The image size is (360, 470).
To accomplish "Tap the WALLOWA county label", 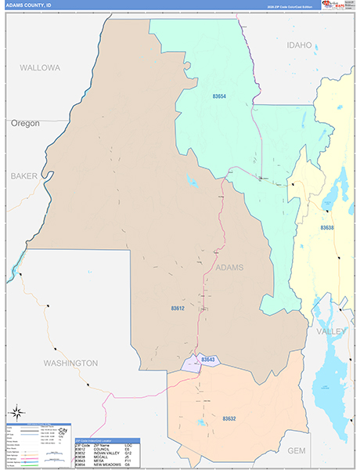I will (x=40, y=68).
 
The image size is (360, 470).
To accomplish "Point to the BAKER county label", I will (x=24, y=176).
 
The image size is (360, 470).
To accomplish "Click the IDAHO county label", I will (x=299, y=45).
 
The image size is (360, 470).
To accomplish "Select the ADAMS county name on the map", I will (x=228, y=268).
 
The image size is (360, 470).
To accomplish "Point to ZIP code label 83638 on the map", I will (x=327, y=228).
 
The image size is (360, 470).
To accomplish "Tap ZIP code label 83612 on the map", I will (x=179, y=309).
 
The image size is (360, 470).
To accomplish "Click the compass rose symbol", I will (x=16, y=411).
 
